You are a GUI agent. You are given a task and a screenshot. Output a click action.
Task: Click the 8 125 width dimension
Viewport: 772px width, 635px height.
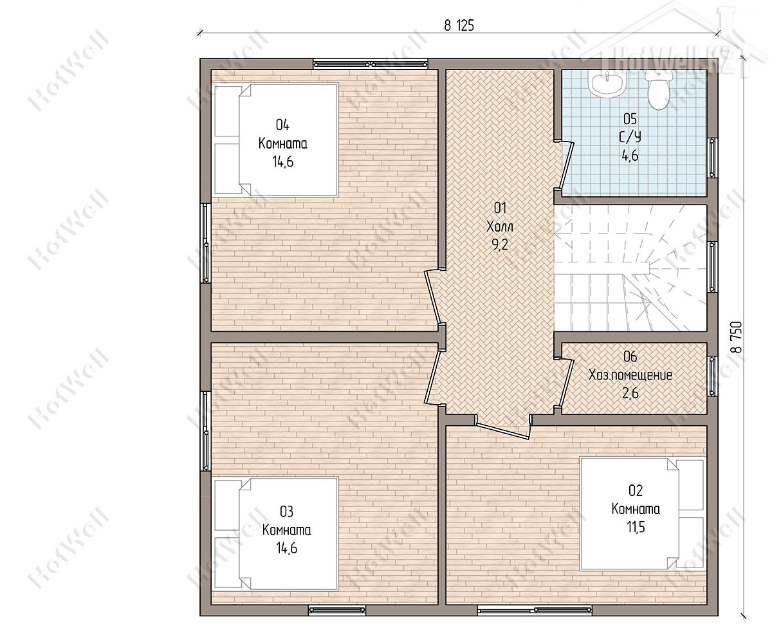click(x=459, y=26)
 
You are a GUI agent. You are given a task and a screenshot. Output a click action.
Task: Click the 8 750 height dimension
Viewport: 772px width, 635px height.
click(x=736, y=336)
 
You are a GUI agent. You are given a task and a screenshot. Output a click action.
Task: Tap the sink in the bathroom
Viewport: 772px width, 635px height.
click(x=606, y=82)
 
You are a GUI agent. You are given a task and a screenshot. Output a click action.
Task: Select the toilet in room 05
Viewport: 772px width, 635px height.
click(x=658, y=89)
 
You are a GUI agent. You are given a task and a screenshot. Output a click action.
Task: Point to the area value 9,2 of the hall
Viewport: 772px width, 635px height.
click(x=500, y=244)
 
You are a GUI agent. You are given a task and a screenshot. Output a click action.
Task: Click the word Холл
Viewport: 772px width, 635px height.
click(x=500, y=226)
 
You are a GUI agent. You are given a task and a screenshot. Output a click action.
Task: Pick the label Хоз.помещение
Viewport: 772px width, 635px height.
click(x=630, y=374)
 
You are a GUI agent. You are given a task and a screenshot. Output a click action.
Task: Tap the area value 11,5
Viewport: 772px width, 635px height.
click(x=636, y=527)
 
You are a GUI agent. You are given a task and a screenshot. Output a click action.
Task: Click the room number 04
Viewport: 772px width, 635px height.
click(x=282, y=125)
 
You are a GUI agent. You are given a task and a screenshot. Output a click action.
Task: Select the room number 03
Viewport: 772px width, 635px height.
click(x=286, y=511)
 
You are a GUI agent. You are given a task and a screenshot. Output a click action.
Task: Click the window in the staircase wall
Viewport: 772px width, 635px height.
click(x=712, y=266)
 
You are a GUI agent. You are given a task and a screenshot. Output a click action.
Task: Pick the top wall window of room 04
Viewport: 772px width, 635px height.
click(x=371, y=64)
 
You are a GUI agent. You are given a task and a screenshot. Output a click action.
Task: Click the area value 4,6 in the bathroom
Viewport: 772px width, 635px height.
click(x=630, y=156)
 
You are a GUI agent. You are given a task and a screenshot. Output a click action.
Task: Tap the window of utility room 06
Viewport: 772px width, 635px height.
click(x=712, y=376)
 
